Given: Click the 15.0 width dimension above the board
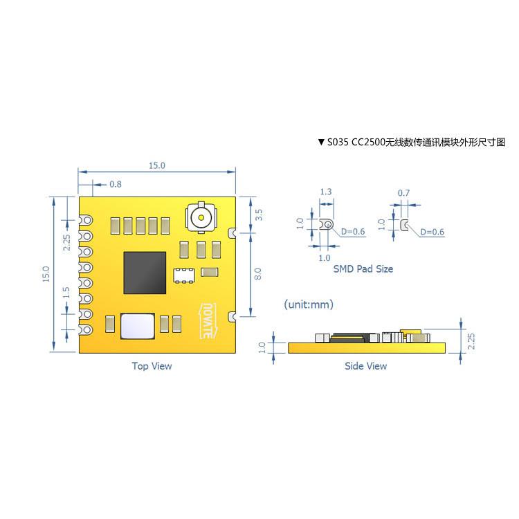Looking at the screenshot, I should (157, 165).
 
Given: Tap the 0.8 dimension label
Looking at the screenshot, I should (116, 184).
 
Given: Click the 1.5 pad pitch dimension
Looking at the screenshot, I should (66, 293).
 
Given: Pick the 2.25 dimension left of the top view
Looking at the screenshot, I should (66, 242).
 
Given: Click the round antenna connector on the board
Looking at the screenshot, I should (201, 218).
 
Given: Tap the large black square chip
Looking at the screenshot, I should (145, 272).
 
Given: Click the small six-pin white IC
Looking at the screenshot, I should (183, 274).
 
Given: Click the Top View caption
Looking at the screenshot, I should (152, 365).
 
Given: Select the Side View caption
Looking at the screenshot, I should (366, 365).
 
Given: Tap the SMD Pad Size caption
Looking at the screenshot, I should (363, 268).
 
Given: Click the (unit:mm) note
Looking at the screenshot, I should (309, 304).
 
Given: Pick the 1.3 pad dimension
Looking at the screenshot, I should (325, 192).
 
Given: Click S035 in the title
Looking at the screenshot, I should (338, 142).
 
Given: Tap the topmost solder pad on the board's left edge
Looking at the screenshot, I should (85, 221).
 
